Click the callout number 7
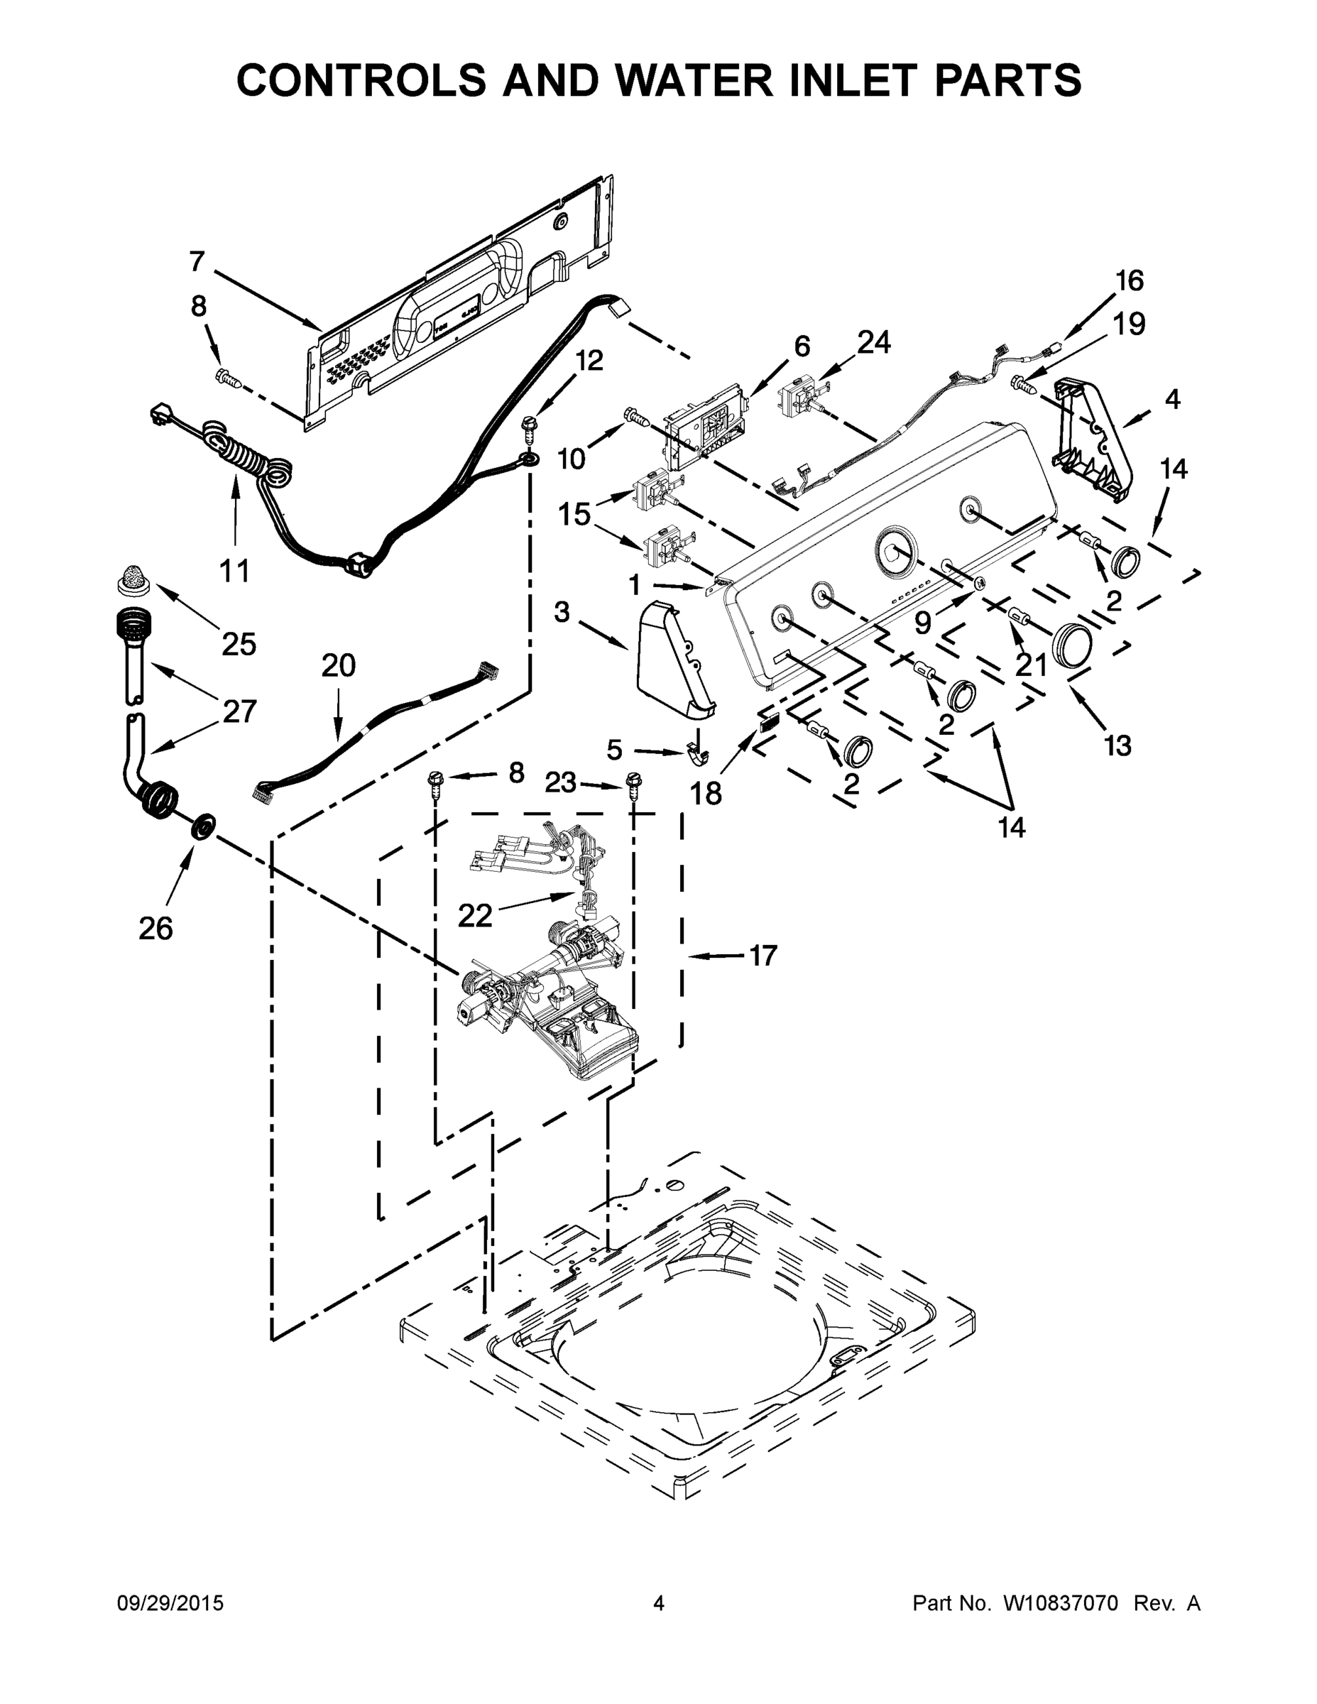(197, 261)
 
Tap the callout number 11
(234, 570)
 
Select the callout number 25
(239, 644)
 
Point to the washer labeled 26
(204, 826)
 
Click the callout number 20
(338, 665)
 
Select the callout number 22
(475, 915)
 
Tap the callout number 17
(763, 955)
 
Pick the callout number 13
(1117, 745)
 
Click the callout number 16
(1129, 280)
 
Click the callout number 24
(874, 342)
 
